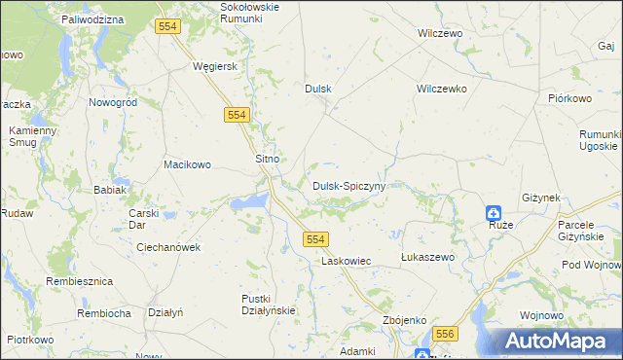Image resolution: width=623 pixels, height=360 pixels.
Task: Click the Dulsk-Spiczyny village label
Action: point(349,185)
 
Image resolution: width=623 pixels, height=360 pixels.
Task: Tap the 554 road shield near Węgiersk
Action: point(236,115)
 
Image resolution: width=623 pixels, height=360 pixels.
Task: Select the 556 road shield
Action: point(445,333)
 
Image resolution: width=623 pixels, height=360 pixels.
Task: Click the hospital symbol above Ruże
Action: point(495,212)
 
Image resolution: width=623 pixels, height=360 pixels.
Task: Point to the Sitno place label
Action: point(268,158)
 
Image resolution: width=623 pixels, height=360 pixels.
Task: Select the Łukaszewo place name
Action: point(428,257)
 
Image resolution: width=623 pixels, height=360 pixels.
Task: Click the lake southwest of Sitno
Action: point(249,202)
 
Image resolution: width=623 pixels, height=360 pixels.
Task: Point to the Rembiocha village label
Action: point(104,313)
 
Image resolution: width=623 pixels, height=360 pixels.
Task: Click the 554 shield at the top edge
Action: point(167,27)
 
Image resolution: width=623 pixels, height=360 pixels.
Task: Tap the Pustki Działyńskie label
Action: point(268,305)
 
